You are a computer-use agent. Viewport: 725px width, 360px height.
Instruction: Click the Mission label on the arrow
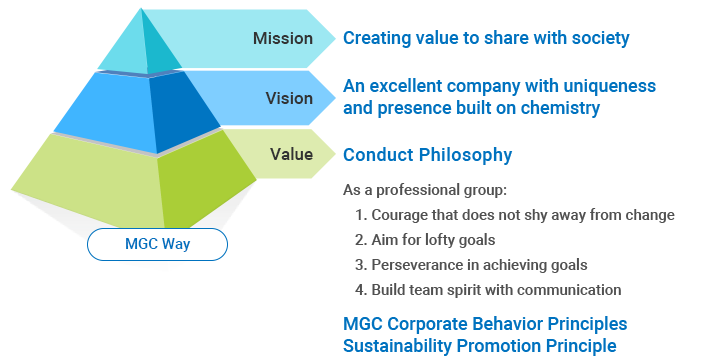[x=283, y=39]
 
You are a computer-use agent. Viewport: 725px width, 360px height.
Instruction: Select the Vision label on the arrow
[x=289, y=98]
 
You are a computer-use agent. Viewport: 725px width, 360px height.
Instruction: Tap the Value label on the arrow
[x=291, y=155]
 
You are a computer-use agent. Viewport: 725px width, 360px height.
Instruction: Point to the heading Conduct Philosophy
[x=427, y=155]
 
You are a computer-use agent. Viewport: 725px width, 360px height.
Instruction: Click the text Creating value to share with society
[x=486, y=39]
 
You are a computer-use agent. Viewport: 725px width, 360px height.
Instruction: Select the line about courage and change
[x=515, y=215]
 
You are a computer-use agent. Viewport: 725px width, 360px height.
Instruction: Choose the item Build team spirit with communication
[x=488, y=290]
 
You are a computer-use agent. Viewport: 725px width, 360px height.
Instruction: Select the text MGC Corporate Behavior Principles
[x=485, y=324]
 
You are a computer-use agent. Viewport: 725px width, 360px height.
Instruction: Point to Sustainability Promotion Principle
[x=480, y=345]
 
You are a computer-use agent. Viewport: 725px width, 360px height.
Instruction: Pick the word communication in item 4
[x=574, y=290]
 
